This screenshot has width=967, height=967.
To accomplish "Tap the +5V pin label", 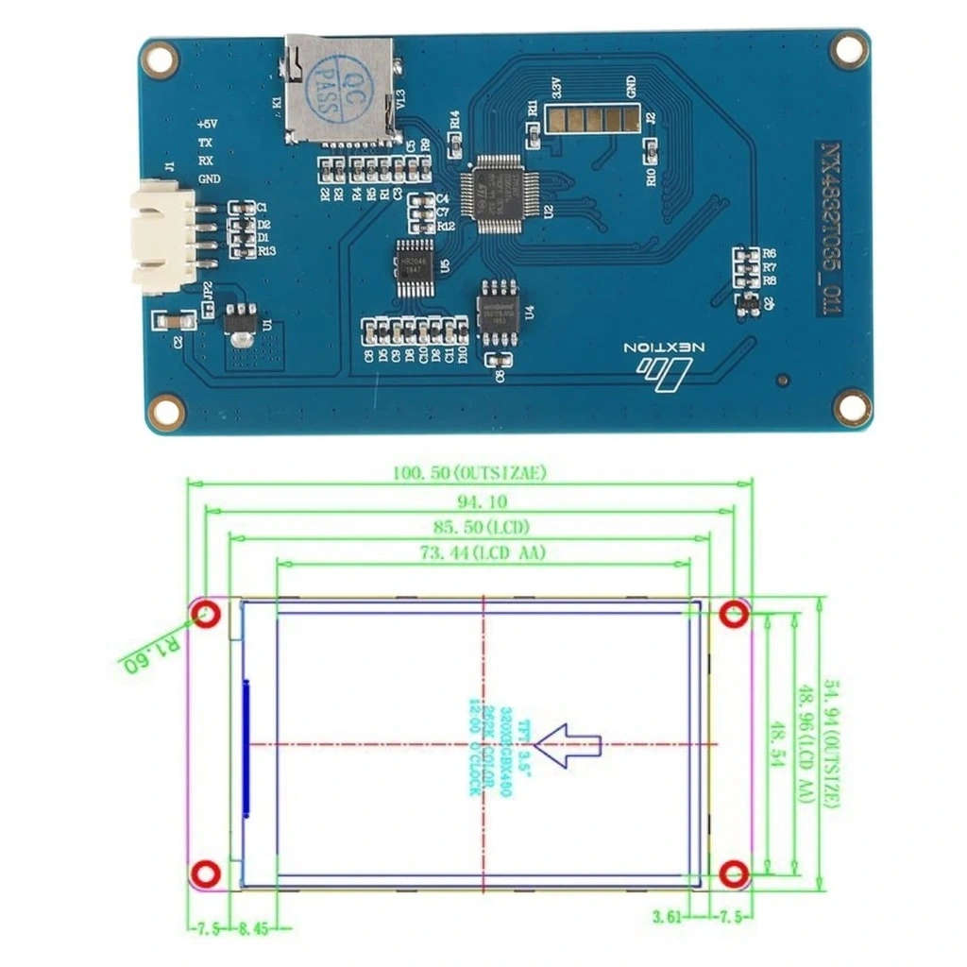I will tap(207, 124).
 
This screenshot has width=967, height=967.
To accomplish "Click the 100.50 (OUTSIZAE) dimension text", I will tap(469, 472).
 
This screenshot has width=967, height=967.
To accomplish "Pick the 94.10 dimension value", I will tap(469, 501).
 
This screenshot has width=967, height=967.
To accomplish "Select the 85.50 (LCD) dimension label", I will tap(469, 527).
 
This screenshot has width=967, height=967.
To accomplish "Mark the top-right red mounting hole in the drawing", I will tap(734, 616).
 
